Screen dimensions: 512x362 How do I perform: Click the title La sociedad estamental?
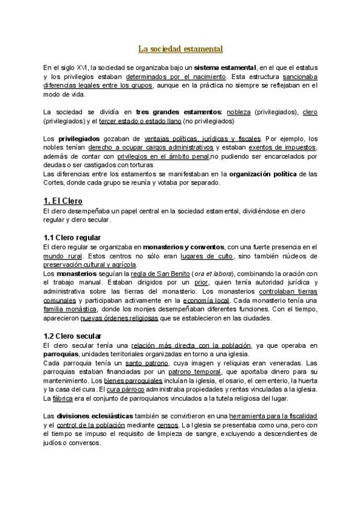coord(181,48)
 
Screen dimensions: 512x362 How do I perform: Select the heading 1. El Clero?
coord(63,200)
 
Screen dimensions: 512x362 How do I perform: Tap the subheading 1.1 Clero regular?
coord(72,237)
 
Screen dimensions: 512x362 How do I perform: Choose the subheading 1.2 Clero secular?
coord(73,336)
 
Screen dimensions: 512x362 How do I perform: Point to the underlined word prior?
coord(201,283)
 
